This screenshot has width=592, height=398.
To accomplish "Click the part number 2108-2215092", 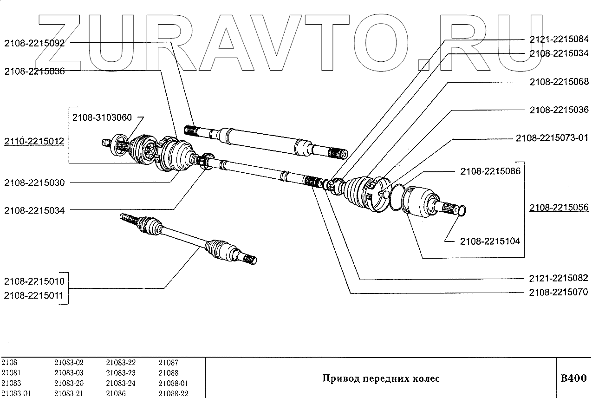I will click(x=34, y=43).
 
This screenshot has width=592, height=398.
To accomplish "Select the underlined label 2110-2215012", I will click(x=34, y=141).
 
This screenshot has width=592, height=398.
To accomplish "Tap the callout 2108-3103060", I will click(x=102, y=118).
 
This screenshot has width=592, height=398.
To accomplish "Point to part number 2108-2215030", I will click(x=34, y=183).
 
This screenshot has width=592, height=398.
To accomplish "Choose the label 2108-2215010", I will click(x=34, y=281).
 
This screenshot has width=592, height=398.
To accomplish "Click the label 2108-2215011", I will click(x=34, y=295).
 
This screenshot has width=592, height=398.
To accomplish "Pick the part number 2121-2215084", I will click(x=559, y=39).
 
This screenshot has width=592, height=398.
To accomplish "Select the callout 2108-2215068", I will click(x=559, y=82).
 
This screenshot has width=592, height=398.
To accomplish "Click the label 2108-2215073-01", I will click(x=552, y=138).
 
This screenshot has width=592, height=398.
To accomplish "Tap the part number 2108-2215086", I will click(x=490, y=171).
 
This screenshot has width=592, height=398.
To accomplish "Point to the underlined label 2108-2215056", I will click(x=559, y=208).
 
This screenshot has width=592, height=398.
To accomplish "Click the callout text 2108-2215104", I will click(x=490, y=241).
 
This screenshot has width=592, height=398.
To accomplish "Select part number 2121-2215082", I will click(x=559, y=279).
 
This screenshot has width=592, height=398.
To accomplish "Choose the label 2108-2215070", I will click(x=559, y=293).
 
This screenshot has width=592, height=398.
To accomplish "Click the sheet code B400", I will click(x=574, y=378).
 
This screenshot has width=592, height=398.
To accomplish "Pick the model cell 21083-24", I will click(x=121, y=383).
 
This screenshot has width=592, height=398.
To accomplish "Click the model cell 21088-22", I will click(x=173, y=394).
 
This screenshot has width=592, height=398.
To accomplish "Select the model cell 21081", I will click(x=11, y=373).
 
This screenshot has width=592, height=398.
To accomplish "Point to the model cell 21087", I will click(x=169, y=363).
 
